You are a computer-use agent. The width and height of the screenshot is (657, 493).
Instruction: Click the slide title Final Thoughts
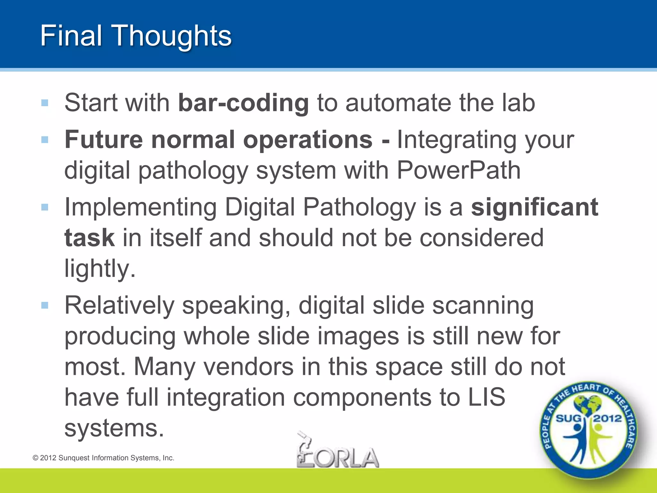click(x=136, y=36)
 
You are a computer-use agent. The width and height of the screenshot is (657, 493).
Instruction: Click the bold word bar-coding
click(x=243, y=103)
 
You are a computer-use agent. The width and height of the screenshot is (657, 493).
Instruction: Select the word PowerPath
click(x=458, y=170)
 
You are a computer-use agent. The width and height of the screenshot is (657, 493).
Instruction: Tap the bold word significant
click(x=534, y=207)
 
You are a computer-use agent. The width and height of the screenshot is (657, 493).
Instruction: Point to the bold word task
click(x=90, y=238)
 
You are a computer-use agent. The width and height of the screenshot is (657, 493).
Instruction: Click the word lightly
click(x=100, y=269)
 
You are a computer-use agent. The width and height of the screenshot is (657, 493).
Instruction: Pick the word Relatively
click(x=119, y=306)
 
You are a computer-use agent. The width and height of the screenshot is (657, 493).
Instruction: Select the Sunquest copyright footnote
click(x=103, y=458)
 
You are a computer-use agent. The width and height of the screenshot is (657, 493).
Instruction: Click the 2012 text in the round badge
click(x=607, y=419)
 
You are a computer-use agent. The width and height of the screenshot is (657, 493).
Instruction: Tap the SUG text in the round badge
click(x=568, y=419)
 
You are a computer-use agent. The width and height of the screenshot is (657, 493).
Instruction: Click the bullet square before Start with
click(x=45, y=103)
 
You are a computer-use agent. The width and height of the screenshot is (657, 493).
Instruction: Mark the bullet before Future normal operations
click(x=45, y=140)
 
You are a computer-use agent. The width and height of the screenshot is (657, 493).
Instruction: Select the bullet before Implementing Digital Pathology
click(x=45, y=207)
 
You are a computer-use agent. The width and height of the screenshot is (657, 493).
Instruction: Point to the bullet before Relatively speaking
click(x=45, y=305)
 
